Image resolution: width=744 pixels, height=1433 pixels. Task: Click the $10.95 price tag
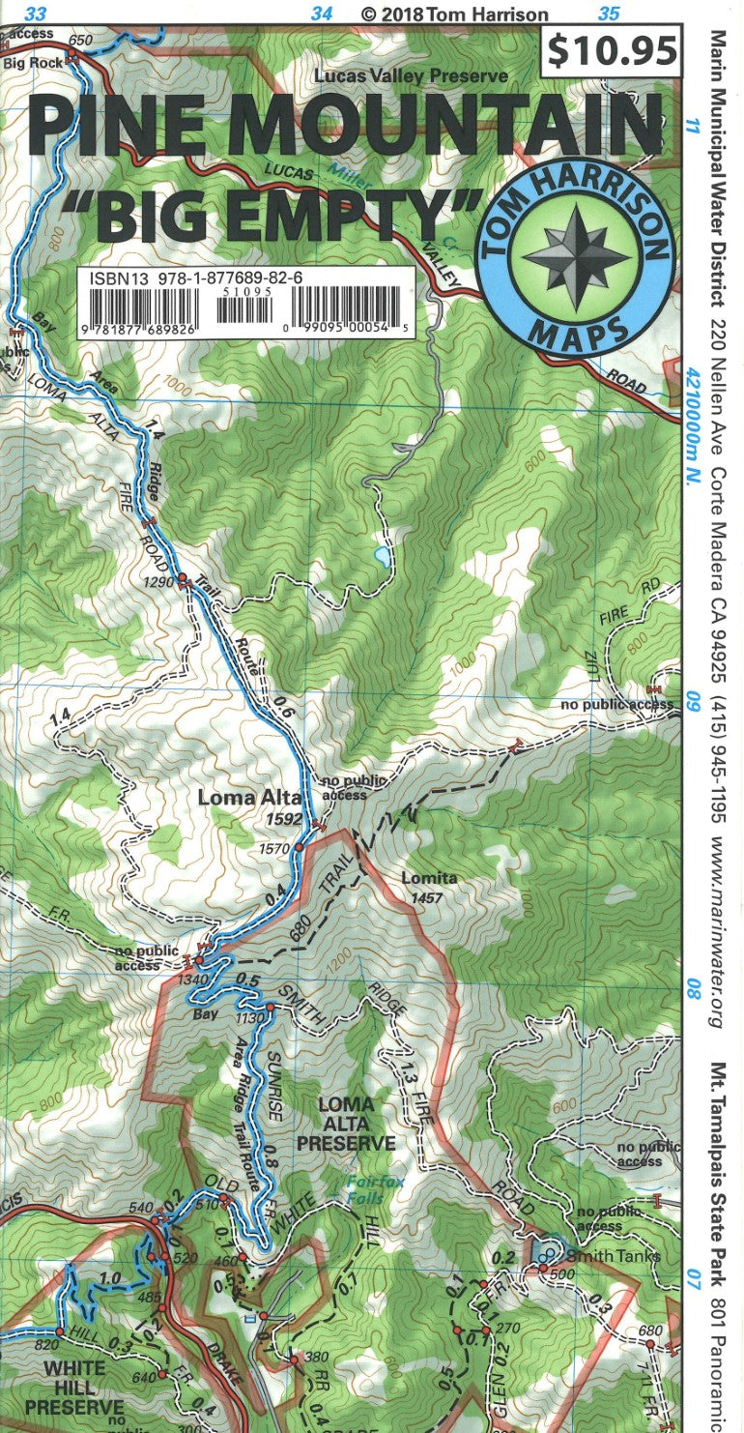(x=612, y=50)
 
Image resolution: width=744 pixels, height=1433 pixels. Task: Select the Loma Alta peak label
(x=248, y=798)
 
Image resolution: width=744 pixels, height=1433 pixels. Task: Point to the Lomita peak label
(x=432, y=879)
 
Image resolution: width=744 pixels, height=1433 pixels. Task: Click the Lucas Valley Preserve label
(x=411, y=75)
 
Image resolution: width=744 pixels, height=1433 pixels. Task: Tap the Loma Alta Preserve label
(x=346, y=1123)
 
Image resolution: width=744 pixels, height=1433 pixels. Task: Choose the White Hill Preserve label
(x=74, y=1377)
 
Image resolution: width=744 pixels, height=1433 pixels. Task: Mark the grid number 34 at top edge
(x=322, y=14)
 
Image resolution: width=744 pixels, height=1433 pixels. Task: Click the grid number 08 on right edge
(x=693, y=988)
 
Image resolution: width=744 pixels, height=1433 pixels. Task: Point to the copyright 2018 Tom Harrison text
(x=454, y=14)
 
